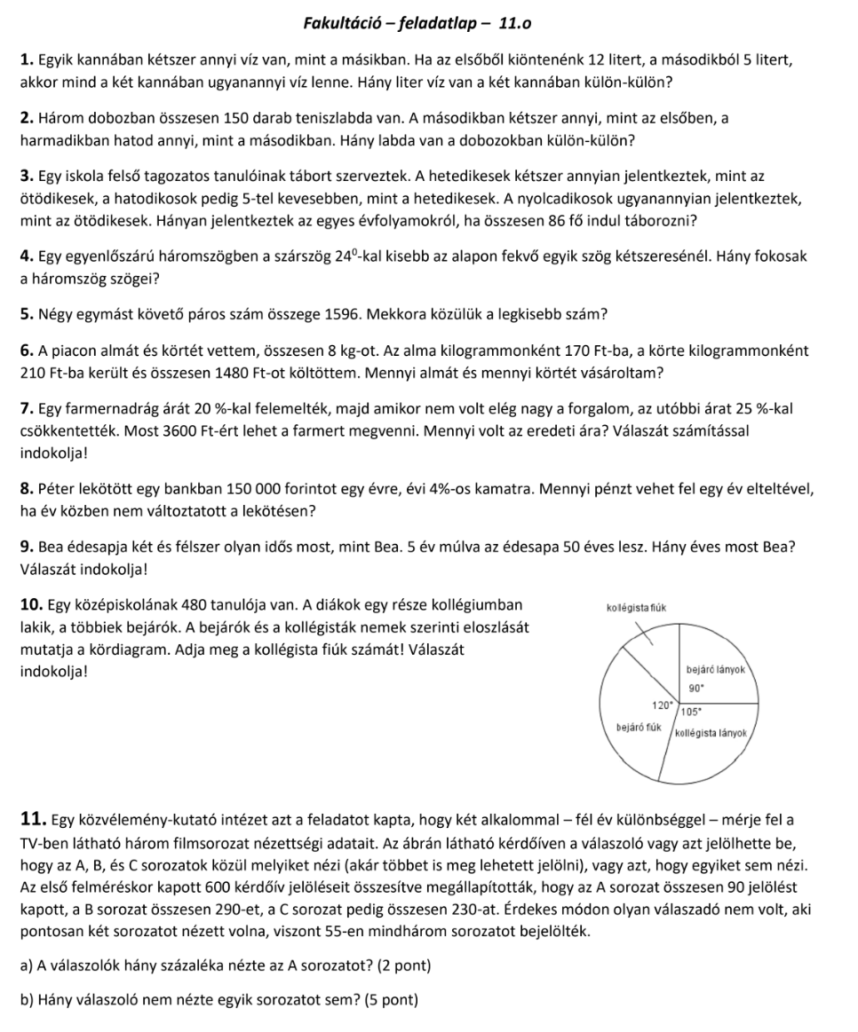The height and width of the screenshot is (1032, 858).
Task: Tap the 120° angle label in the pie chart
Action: coord(663,705)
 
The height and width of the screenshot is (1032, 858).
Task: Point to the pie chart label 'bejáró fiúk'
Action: coord(638,727)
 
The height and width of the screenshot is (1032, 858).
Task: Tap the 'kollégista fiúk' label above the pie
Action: coord(636,607)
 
